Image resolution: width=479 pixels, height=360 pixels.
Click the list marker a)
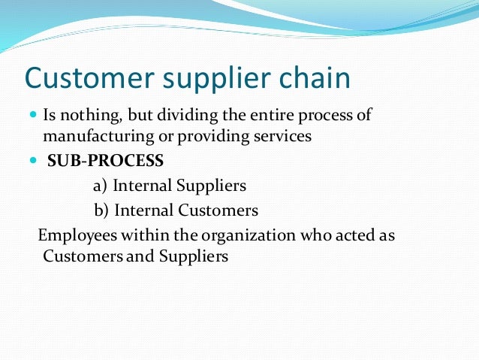[x=101, y=186]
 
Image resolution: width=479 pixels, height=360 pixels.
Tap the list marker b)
[x=102, y=210]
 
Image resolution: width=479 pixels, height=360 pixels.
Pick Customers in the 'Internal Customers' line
[x=221, y=210]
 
